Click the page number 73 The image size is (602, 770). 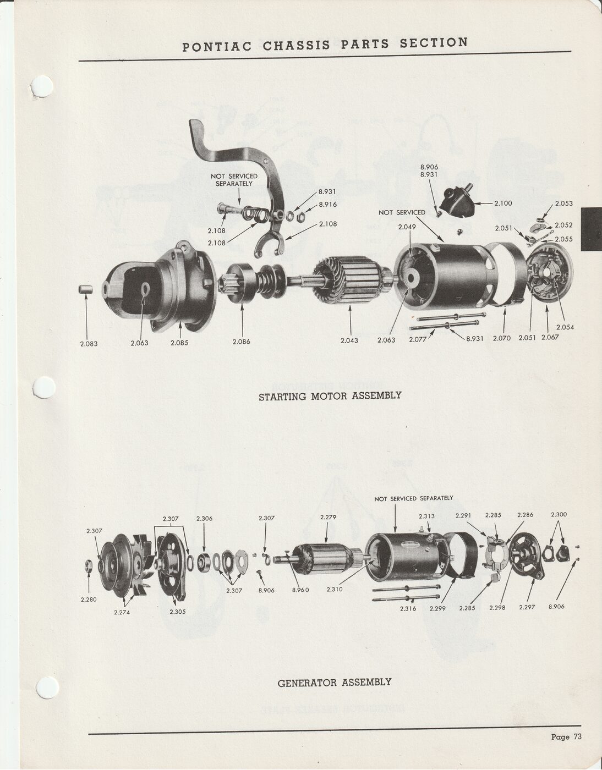tap(577, 737)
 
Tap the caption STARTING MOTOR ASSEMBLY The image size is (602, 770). tap(330, 395)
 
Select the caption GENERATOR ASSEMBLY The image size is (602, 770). tap(335, 683)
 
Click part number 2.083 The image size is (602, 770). tap(89, 344)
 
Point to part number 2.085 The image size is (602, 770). tap(179, 343)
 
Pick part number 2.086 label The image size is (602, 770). tap(241, 342)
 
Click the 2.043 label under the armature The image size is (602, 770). tap(349, 340)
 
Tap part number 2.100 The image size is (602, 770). tap(503, 203)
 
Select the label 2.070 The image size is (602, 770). tap(501, 338)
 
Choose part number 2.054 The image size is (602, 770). tap(565, 327)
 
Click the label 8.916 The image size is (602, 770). tap(328, 205)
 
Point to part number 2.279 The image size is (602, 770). tap(329, 517)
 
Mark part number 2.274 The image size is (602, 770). tap(122, 612)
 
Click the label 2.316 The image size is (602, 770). tap(408, 608)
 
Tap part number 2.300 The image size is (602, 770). tap(559, 515)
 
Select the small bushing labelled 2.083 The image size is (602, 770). tap(85, 289)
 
